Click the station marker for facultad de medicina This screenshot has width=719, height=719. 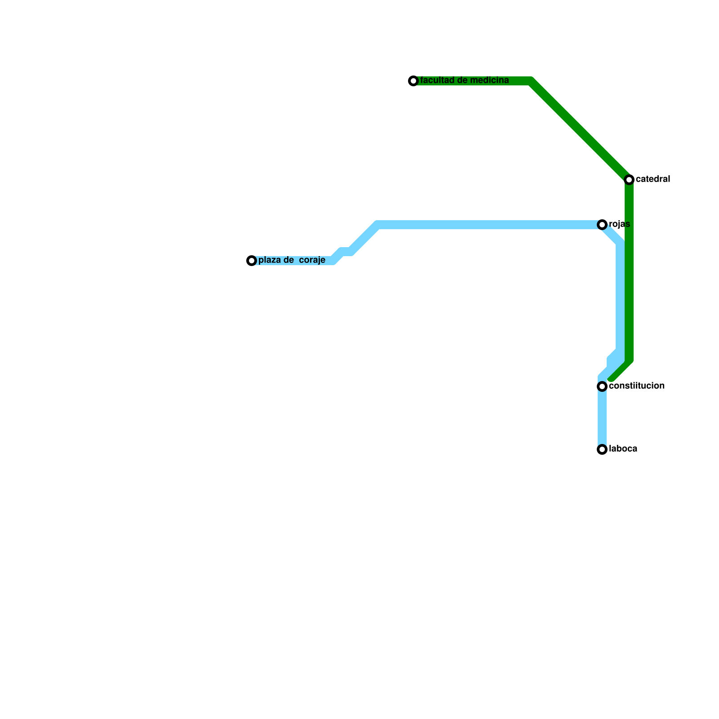pyautogui.click(x=413, y=81)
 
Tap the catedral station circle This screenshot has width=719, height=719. pyautogui.click(x=629, y=180)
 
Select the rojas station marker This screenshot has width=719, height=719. pyautogui.click(x=602, y=225)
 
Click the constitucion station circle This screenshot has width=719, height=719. pyautogui.click(x=602, y=386)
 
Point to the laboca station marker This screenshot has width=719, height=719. pyautogui.click(x=602, y=449)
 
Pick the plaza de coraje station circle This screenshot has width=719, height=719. pyautogui.click(x=252, y=261)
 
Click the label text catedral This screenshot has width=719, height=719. pyautogui.click(x=653, y=179)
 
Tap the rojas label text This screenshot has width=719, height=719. pyautogui.click(x=619, y=224)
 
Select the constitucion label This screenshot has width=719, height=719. pyautogui.click(x=637, y=386)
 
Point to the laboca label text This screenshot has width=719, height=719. pyautogui.click(x=623, y=449)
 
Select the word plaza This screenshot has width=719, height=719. pyautogui.click(x=269, y=260)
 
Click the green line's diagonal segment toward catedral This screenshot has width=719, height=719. pyautogui.click(x=580, y=130)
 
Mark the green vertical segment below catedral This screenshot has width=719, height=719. pyautogui.click(x=629, y=270)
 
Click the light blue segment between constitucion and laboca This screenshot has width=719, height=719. pyautogui.click(x=602, y=418)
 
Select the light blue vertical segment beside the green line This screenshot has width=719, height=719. pyautogui.click(x=621, y=297)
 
